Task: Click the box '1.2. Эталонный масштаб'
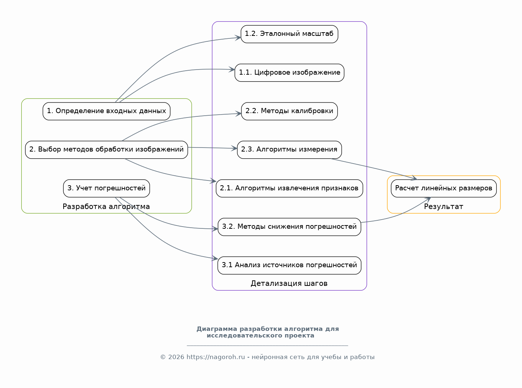click(x=289, y=34)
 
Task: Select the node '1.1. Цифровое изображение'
click(x=289, y=73)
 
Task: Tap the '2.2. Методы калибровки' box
click(x=289, y=111)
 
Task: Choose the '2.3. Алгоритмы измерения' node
click(x=289, y=150)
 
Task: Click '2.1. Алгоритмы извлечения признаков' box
click(x=289, y=189)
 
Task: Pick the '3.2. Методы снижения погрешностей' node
click(x=289, y=227)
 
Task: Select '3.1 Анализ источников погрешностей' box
click(x=289, y=265)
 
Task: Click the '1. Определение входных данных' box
click(x=106, y=111)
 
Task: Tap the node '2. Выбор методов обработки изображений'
click(x=106, y=150)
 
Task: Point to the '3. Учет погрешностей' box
click(x=106, y=189)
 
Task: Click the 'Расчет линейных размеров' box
click(x=444, y=189)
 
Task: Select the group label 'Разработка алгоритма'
click(x=106, y=206)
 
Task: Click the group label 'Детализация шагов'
click(x=289, y=283)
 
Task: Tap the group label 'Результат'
click(x=443, y=206)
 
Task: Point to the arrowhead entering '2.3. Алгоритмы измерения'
click(x=234, y=148)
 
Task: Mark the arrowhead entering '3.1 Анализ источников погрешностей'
click(x=215, y=258)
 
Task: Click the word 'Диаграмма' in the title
click(x=217, y=329)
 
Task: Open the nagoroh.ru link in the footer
click(x=215, y=357)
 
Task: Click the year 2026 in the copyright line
click(x=176, y=357)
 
